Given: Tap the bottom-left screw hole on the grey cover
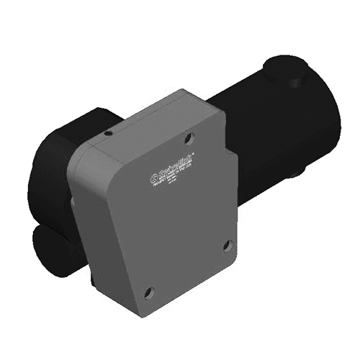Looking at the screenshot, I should (149, 292).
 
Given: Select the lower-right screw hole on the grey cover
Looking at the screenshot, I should (227, 245).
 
